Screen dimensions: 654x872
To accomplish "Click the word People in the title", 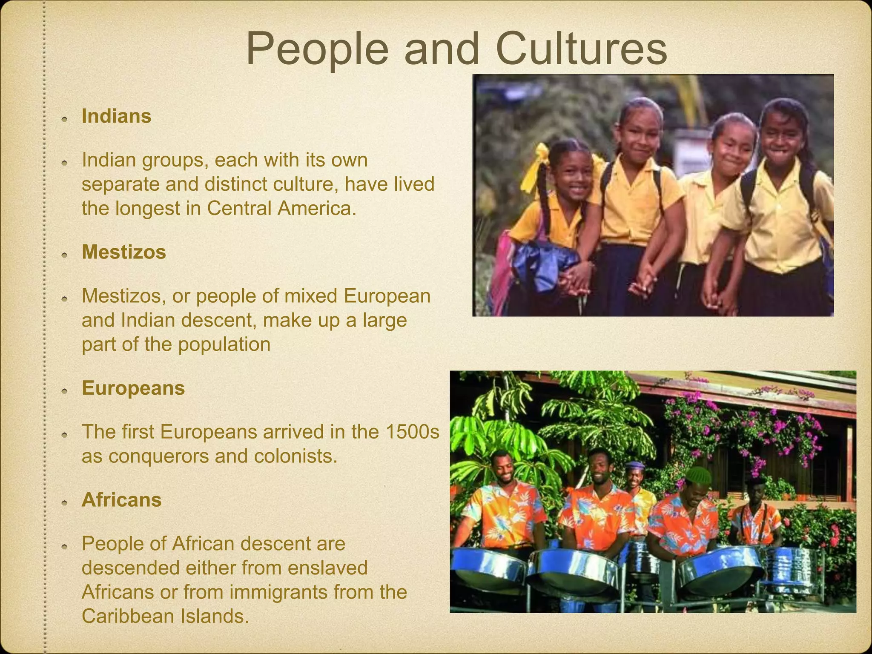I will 317,50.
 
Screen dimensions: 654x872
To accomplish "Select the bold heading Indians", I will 116,116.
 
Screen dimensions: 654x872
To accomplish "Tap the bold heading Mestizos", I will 123,252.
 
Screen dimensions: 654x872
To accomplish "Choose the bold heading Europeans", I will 133,388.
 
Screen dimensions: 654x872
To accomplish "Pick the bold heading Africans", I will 121,500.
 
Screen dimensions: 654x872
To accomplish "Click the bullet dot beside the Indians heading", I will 64,118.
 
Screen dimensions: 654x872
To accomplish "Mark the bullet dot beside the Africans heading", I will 64,502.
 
